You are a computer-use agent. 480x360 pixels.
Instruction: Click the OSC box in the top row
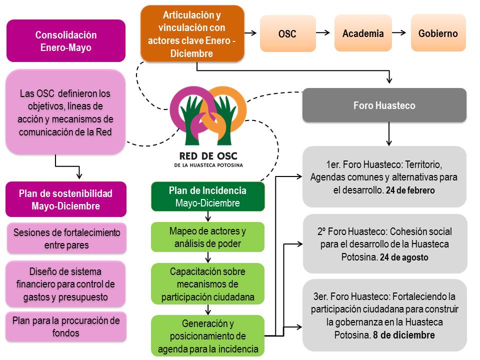[288, 34]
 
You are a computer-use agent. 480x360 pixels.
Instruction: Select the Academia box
[363, 33]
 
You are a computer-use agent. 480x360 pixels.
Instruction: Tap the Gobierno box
[438, 33]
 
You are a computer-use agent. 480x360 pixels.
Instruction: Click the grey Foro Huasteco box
[384, 105]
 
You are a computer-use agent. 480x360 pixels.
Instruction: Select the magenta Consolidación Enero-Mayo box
[66, 41]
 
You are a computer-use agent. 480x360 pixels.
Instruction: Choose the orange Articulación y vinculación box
[192, 33]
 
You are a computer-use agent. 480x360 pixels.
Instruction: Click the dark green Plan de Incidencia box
[207, 196]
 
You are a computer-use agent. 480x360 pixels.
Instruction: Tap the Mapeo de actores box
[207, 237]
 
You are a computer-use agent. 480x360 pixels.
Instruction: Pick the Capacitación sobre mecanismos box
[207, 284]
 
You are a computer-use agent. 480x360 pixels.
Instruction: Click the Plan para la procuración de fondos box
[66, 326]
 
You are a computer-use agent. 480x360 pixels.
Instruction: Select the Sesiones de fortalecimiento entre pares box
[66, 238]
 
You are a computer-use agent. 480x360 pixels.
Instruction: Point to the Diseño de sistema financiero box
[66, 284]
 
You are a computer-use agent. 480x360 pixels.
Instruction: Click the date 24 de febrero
[410, 190]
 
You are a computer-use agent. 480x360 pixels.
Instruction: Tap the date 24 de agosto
[403, 257]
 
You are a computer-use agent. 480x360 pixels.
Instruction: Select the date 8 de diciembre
[403, 334]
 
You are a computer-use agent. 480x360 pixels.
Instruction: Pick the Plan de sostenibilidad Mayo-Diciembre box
[66, 199]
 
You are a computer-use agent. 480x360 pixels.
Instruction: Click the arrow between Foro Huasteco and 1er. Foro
[388, 133]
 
